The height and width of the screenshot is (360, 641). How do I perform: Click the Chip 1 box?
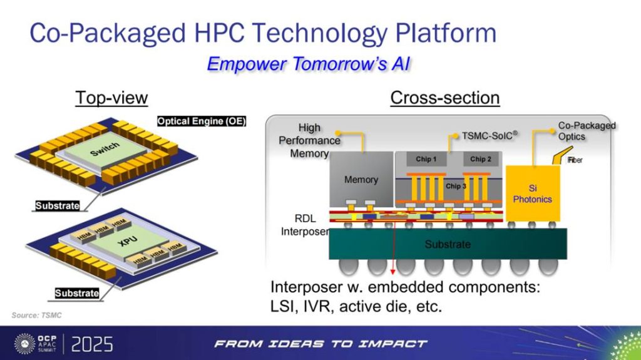point(426,159)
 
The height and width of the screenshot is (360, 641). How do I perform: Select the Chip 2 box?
point(481,159)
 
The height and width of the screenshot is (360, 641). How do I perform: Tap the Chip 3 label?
point(456,186)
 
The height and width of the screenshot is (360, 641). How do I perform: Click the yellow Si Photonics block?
point(533,193)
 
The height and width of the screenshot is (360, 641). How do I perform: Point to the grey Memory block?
point(361,179)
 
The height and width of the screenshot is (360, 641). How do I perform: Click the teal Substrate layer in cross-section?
point(448,244)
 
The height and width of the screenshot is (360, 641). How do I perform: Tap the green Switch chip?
point(105,150)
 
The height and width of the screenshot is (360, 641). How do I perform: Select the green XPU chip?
point(128,242)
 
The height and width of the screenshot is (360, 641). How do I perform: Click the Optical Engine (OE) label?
point(202,121)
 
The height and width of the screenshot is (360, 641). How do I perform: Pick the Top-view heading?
point(111,98)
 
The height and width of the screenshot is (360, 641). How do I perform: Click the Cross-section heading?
point(445,98)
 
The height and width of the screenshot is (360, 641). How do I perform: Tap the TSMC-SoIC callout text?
point(490,135)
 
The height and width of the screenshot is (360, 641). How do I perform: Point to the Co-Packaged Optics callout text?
point(587,131)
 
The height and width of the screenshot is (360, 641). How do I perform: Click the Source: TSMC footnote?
point(36,315)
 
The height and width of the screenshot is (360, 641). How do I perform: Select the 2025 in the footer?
point(92,344)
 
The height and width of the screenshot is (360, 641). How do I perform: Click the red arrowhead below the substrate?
point(392,272)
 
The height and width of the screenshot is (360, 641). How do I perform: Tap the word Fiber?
point(575,160)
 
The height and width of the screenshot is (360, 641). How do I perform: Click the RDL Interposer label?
point(305,225)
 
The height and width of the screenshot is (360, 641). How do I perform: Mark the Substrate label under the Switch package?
point(57,205)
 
